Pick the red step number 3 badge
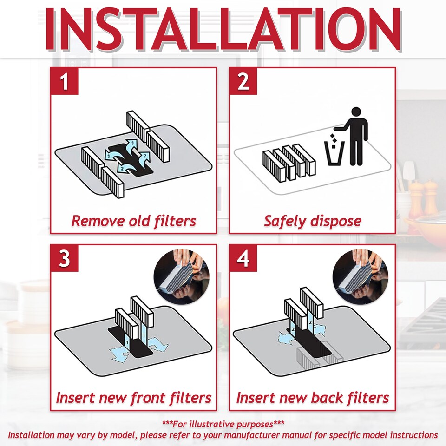click(64, 258)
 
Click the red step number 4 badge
click(243, 258)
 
